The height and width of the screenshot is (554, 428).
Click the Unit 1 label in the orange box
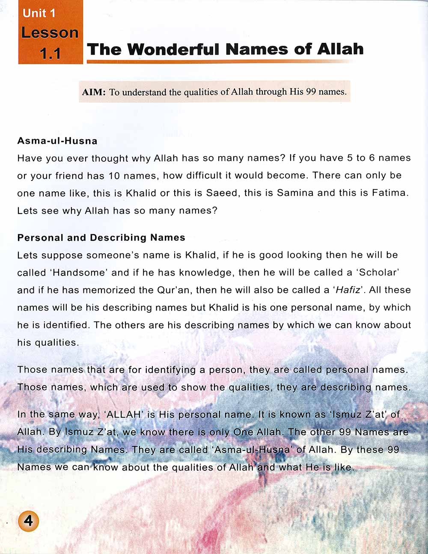click(39, 13)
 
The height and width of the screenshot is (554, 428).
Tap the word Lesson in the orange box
click(50, 33)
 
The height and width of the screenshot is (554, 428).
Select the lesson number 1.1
click(51, 53)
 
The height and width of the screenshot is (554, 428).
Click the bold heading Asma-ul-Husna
click(57, 141)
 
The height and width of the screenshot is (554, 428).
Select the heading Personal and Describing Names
click(101, 237)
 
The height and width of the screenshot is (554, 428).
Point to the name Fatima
click(390, 193)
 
